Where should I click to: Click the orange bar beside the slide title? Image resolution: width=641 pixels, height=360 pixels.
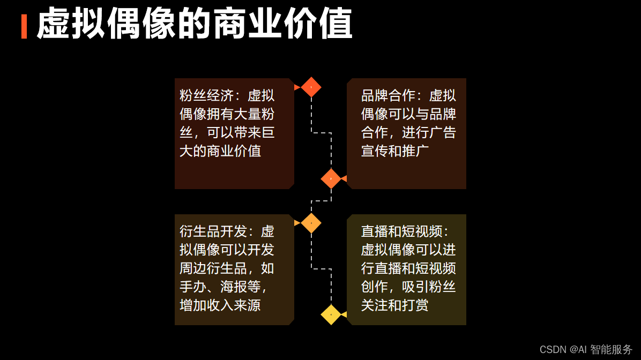[x=24, y=26]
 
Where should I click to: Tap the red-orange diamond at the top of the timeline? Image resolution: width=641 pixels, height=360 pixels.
[x=311, y=87]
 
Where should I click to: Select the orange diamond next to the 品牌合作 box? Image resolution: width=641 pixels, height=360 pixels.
[x=331, y=178]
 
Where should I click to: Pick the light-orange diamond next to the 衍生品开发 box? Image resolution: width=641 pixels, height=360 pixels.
[x=311, y=223]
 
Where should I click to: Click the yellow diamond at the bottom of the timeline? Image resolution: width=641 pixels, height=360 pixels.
[x=331, y=314]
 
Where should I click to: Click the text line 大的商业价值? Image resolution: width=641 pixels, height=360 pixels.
[x=220, y=151]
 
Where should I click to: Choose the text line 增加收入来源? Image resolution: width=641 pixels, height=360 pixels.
[x=220, y=305]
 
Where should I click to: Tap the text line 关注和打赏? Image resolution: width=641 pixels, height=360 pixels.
[x=395, y=305]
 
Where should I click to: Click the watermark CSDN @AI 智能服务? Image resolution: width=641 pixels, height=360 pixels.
[x=586, y=350]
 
